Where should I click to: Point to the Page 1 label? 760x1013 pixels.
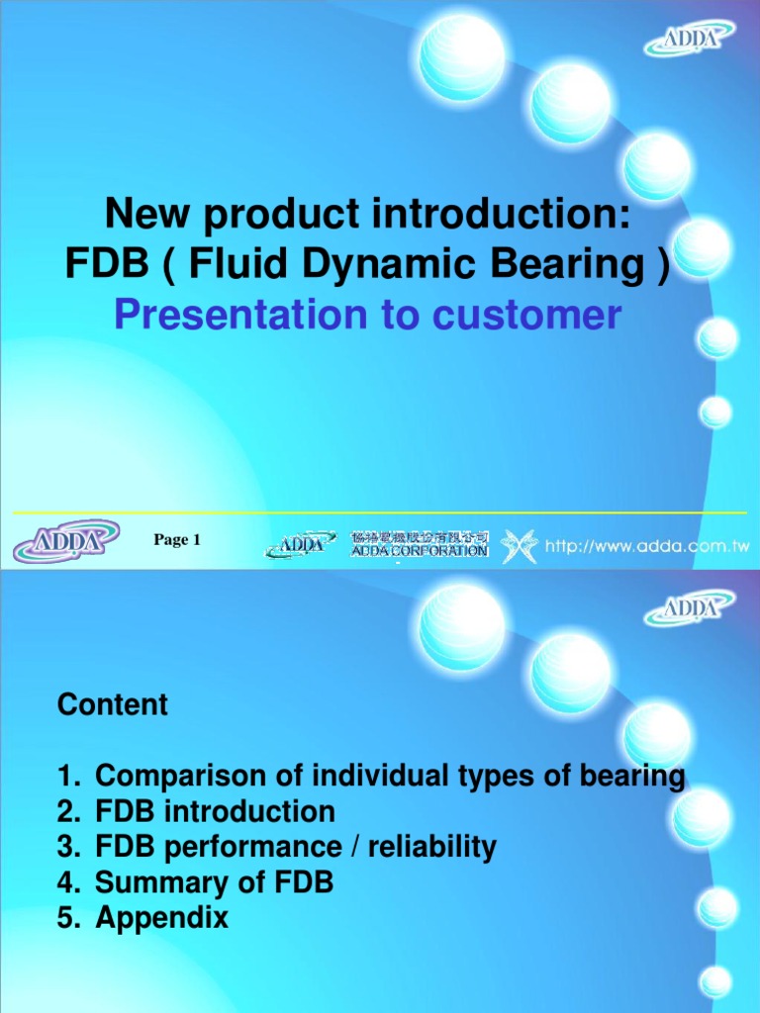(x=177, y=540)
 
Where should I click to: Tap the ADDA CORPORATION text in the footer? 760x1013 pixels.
(x=420, y=551)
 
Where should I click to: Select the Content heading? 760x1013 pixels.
(x=113, y=704)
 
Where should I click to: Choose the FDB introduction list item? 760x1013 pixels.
(x=216, y=812)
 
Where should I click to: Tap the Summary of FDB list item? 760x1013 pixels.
(x=215, y=882)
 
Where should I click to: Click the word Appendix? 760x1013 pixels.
(x=162, y=918)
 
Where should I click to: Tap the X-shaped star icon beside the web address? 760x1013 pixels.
(x=519, y=545)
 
